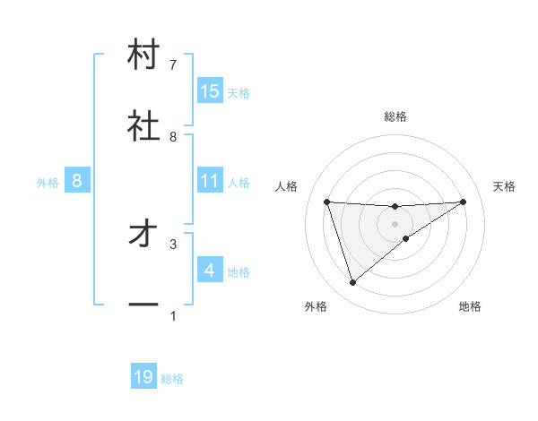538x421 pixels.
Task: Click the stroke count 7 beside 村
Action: point(173,65)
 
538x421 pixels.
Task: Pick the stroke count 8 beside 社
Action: point(173,136)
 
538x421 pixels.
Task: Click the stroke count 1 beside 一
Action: point(173,316)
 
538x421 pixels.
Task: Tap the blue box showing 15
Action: point(210,91)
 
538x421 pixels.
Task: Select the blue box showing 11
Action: point(210,181)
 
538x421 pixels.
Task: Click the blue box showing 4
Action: point(210,271)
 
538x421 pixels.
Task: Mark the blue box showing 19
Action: point(143,378)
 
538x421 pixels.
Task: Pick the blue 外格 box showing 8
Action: point(76,181)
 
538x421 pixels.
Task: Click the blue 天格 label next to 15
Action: point(238,92)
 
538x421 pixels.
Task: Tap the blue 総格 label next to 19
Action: point(172,379)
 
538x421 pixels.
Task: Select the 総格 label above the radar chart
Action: point(395,116)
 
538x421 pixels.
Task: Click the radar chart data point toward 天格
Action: point(464,202)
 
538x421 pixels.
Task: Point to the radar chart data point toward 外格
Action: point(352,283)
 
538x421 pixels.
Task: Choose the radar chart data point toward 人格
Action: point(327,202)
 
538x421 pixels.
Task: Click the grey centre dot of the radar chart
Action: point(395,223)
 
